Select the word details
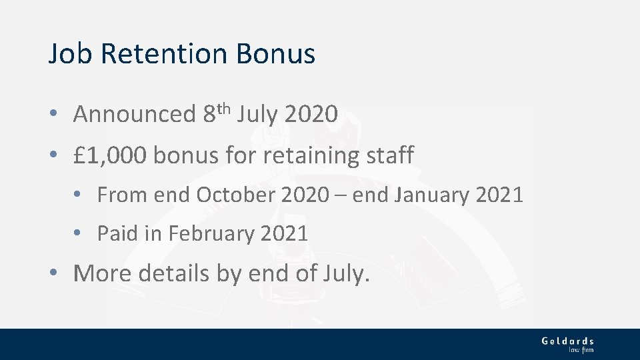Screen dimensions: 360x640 (175, 273)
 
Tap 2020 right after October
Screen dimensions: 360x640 (305, 195)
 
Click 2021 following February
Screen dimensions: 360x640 (285, 234)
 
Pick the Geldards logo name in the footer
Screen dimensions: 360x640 (567, 341)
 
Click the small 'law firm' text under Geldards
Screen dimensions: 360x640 (581, 349)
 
